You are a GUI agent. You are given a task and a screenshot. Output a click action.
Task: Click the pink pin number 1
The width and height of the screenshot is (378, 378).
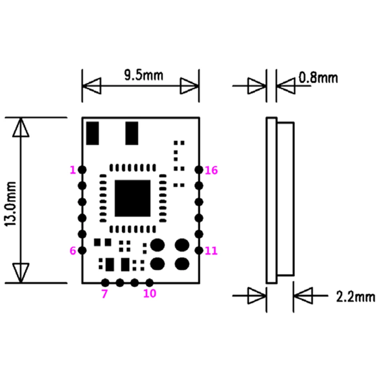coord(72,170)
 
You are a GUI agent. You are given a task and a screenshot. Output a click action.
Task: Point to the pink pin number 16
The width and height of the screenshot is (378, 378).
coord(211,170)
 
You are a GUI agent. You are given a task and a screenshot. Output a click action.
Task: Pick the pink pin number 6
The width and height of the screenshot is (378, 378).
coord(72,251)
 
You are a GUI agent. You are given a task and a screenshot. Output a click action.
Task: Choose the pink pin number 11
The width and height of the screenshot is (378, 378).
coord(211,251)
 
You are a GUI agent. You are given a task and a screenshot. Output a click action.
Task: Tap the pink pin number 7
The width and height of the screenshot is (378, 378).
coord(104,294)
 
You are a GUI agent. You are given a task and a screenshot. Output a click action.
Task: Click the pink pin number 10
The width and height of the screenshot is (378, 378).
coord(150,294)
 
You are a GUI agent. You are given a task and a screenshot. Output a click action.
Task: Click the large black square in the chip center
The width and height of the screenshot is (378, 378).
coord(133,198)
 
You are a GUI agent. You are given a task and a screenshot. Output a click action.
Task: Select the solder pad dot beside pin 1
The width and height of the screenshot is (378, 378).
coord(82,170)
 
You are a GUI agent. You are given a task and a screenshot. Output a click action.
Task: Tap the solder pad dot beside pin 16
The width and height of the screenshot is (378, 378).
coord(198,170)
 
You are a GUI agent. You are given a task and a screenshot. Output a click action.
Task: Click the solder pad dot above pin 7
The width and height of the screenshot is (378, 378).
coord(105,282)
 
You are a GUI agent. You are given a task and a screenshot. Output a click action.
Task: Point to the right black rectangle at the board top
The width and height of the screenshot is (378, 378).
coord(132,133)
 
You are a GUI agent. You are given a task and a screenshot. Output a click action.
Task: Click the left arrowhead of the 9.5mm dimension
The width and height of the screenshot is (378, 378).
coord(92,86)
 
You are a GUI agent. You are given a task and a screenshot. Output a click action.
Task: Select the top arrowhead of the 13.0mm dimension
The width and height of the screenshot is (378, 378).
coord(20,128)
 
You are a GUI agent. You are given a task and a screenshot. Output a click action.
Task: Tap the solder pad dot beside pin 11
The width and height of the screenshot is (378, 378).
coord(198,250)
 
